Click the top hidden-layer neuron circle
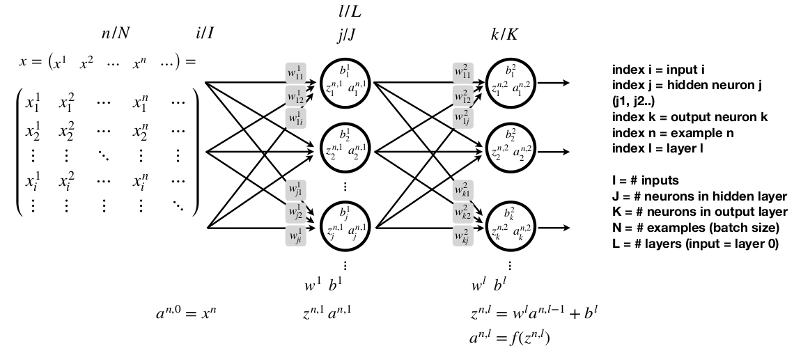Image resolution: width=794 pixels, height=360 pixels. (346, 81)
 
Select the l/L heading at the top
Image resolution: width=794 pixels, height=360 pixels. (348, 12)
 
